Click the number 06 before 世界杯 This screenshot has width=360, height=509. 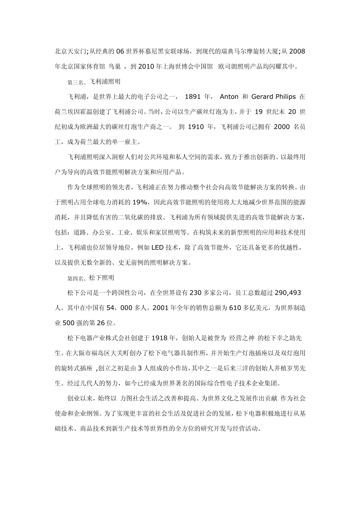120,52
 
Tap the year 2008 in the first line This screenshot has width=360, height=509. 297,52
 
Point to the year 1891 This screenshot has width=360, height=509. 192,97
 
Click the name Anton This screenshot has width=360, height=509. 229,97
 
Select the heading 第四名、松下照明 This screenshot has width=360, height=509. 91,278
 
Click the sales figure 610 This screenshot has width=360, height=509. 235,308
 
